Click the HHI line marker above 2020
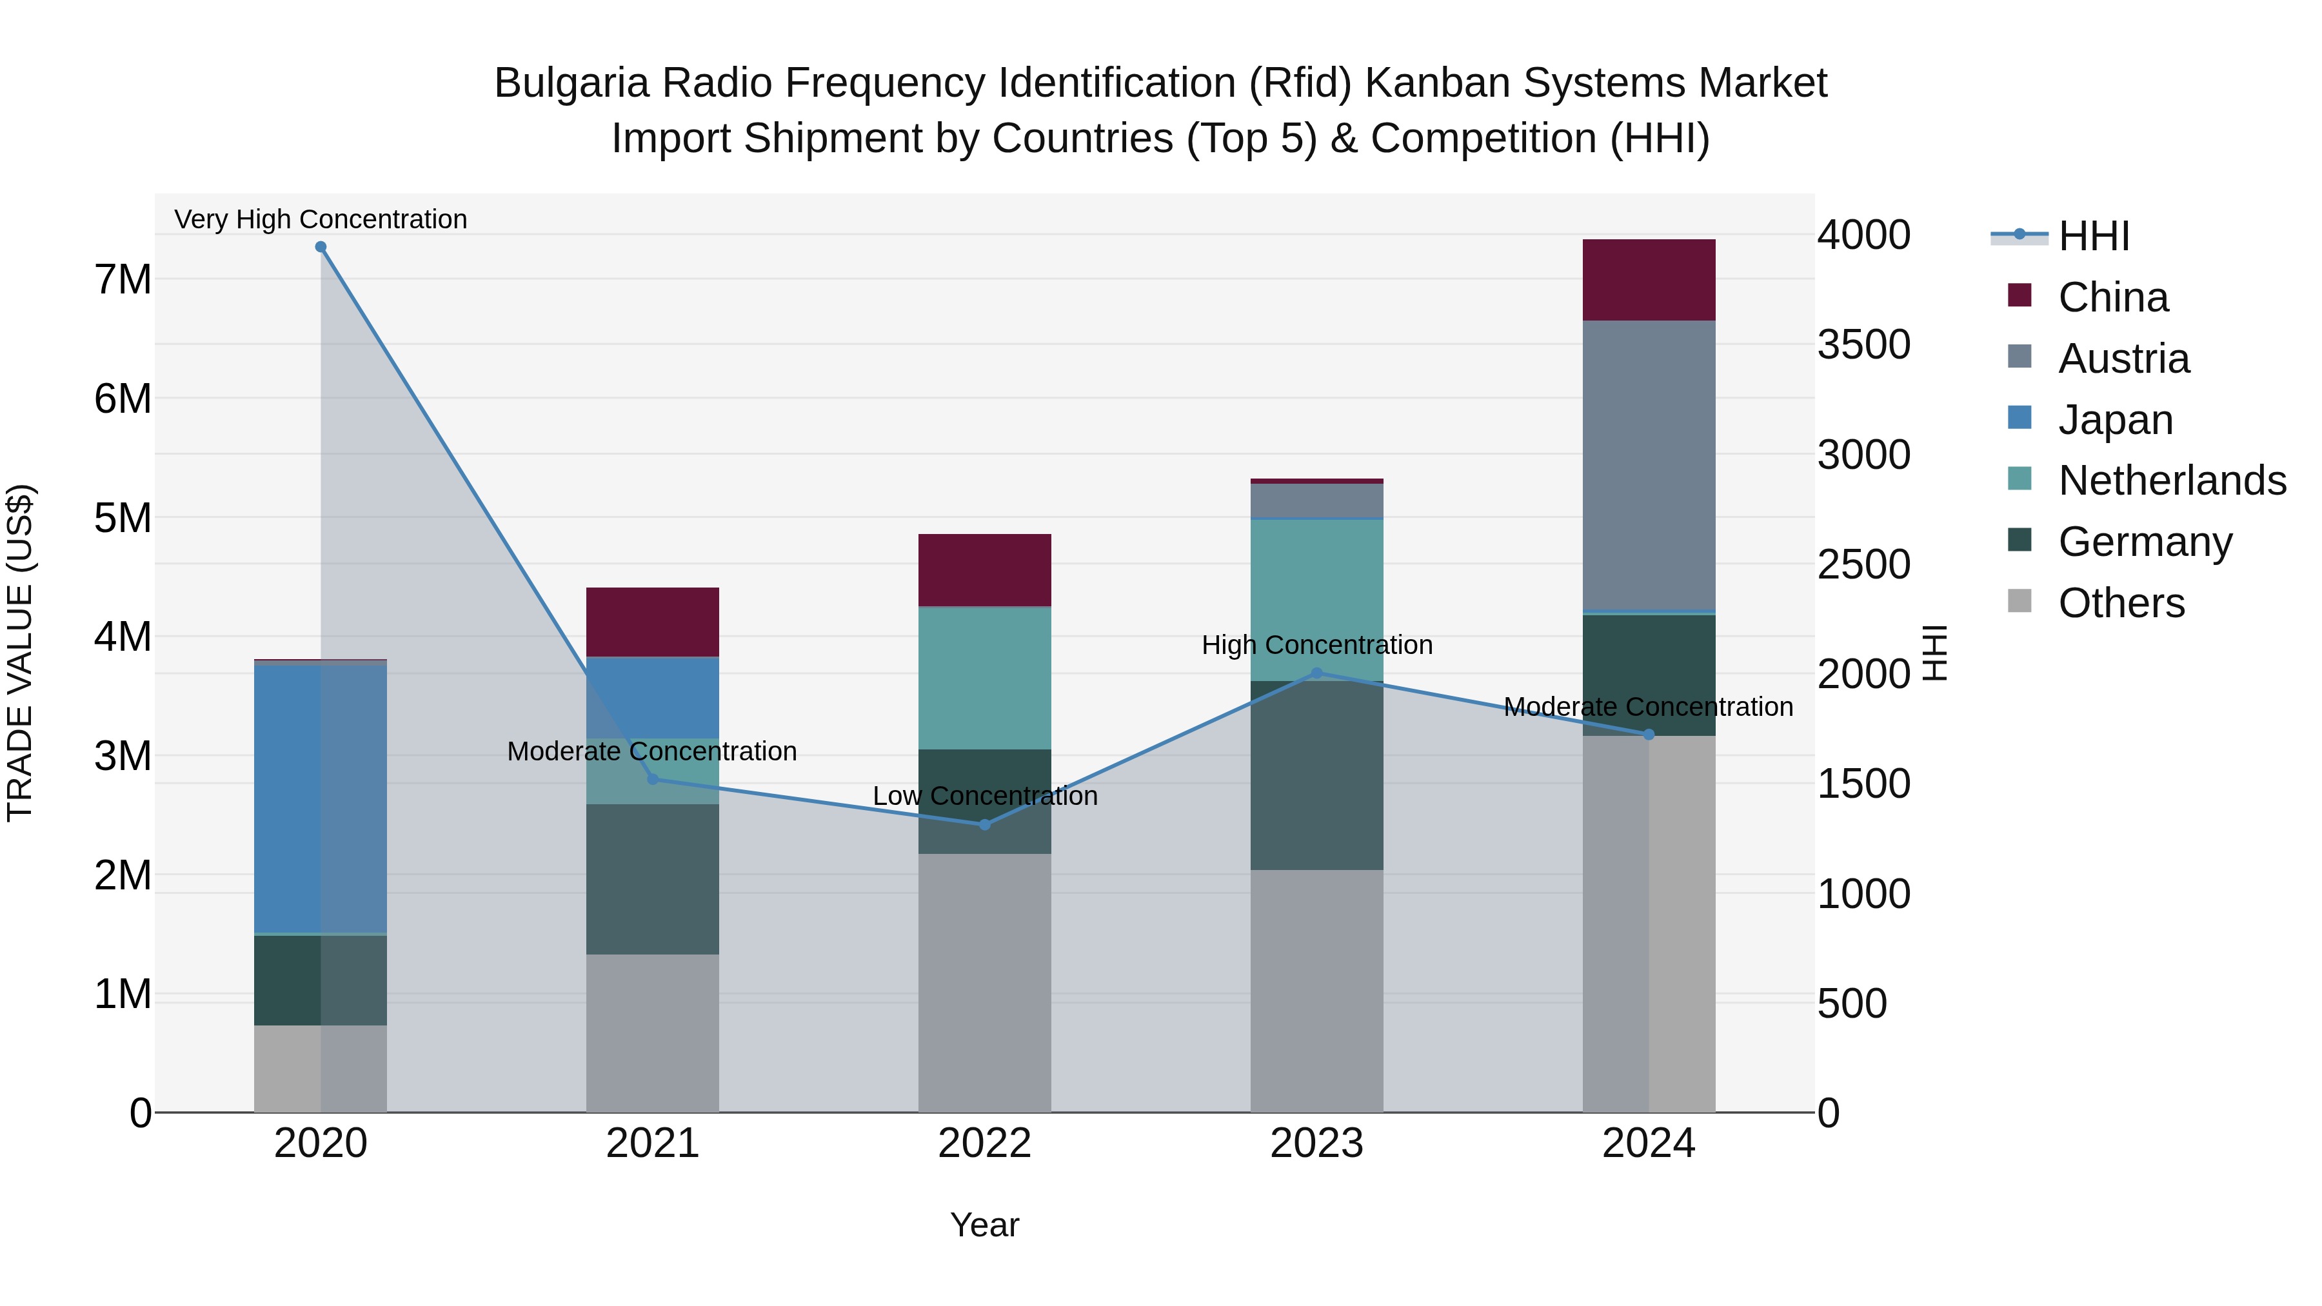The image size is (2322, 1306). [x=321, y=247]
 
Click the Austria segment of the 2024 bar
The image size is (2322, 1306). [x=1649, y=466]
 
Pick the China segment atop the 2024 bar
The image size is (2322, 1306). [x=1649, y=281]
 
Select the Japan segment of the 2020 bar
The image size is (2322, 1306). [x=321, y=798]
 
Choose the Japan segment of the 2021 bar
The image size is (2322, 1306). [x=653, y=698]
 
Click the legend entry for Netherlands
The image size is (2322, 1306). [x=2172, y=480]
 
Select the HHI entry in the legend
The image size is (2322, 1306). [x=2093, y=236]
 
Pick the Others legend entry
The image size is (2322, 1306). [x=2121, y=603]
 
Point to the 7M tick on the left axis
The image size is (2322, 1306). [x=123, y=279]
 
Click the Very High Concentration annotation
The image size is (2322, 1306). [x=321, y=219]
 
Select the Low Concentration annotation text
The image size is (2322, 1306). [x=984, y=796]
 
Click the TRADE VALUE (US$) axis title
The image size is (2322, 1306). [x=21, y=653]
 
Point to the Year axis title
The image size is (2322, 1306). [x=984, y=1225]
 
